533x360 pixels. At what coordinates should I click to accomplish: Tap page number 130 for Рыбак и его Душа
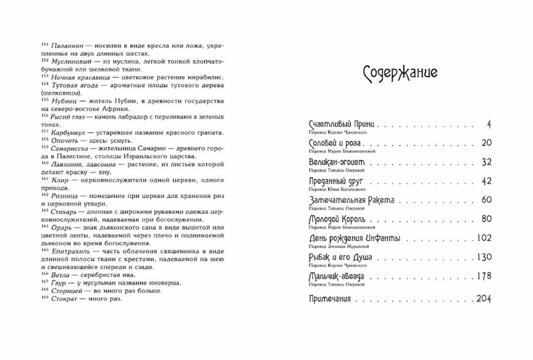482,257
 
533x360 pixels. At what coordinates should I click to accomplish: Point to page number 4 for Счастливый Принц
488,124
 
